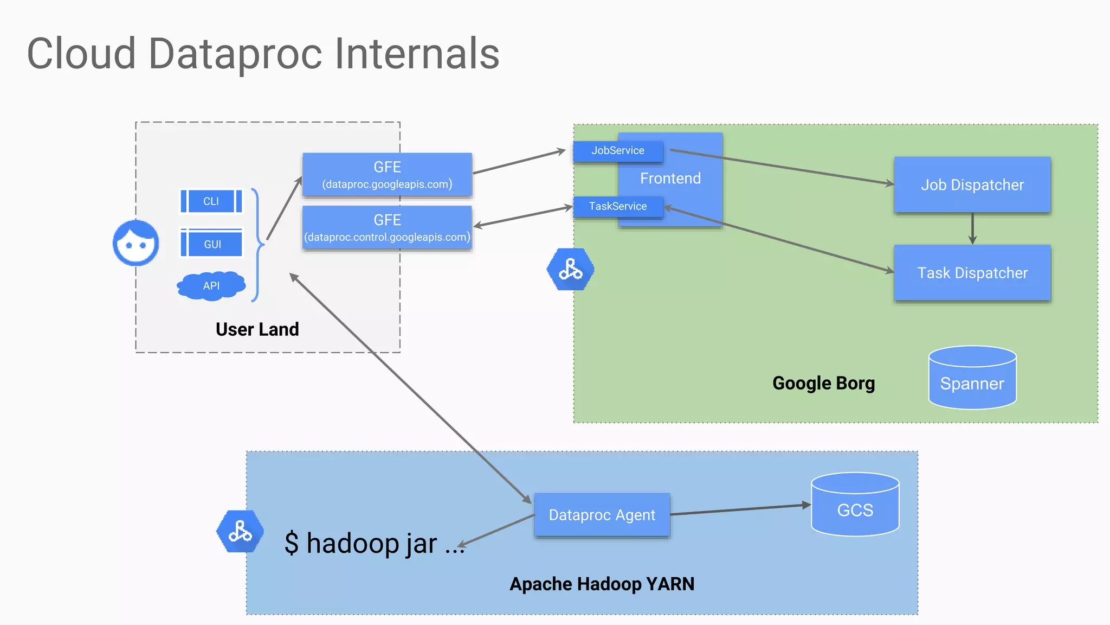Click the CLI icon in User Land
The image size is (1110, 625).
tap(211, 201)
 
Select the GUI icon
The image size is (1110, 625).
tap(211, 244)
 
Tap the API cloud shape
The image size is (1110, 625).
tap(211, 285)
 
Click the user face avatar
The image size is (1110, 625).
tap(136, 243)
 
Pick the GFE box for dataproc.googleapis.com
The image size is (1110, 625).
tap(387, 175)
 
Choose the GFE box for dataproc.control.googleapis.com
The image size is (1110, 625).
tap(387, 228)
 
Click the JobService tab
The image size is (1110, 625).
tap(618, 151)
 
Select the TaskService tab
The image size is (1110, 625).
tap(618, 207)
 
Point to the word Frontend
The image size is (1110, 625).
tap(670, 178)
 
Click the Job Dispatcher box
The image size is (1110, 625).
tap(972, 185)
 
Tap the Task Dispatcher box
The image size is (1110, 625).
tap(972, 273)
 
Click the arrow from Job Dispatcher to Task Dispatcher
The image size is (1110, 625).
tap(972, 229)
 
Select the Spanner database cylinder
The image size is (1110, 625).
tap(972, 378)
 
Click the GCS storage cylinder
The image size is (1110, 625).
tap(855, 505)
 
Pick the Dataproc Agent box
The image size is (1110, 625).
tap(602, 515)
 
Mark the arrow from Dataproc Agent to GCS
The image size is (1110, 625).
tap(740, 509)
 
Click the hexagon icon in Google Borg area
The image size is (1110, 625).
tap(570, 269)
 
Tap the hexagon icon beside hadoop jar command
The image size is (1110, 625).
tap(240, 531)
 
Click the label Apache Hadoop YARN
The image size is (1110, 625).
tap(602, 584)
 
